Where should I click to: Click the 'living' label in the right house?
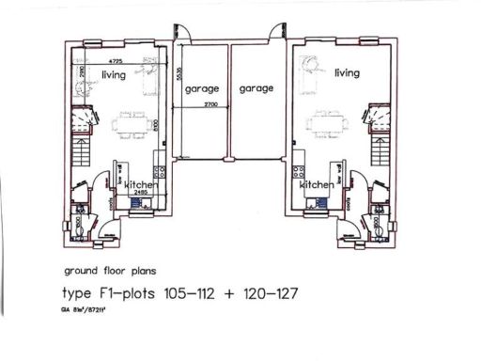[x=347, y=72]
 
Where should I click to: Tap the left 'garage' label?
[x=203, y=88]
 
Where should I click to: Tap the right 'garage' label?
[x=256, y=88]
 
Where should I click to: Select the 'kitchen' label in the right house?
[x=317, y=186]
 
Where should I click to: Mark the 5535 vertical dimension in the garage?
[x=178, y=76]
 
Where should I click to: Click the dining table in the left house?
[x=130, y=121]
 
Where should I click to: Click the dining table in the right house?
[x=330, y=121]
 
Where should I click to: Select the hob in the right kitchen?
[x=299, y=172]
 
